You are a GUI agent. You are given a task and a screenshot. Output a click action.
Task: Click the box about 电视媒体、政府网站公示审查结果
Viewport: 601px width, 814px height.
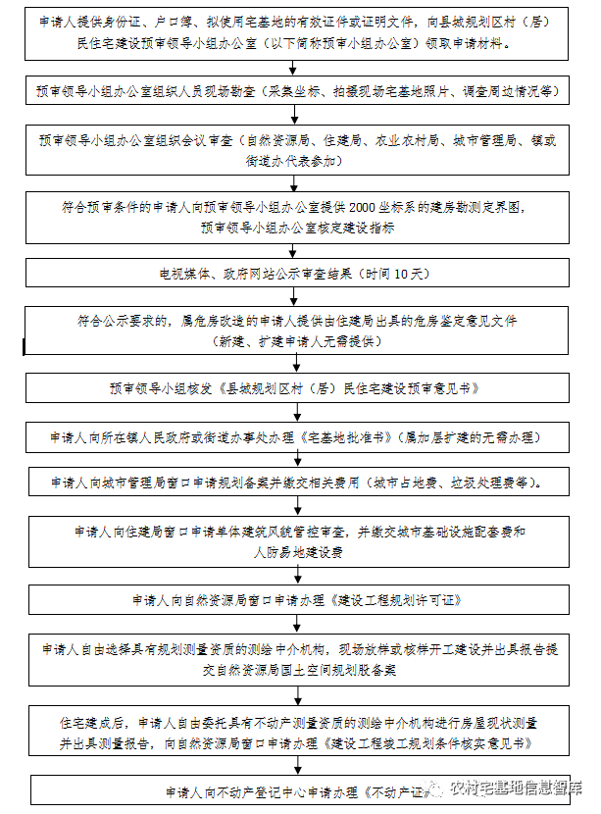point(294,273)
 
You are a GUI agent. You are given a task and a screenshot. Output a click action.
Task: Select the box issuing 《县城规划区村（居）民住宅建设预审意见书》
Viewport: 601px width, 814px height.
point(294,388)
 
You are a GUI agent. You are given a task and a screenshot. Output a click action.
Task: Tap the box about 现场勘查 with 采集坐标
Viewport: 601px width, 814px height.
point(294,91)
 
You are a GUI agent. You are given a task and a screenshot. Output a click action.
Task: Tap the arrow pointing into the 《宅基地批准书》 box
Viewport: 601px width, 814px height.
point(294,414)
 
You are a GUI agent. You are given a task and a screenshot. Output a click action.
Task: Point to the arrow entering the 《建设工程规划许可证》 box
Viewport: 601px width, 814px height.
point(294,577)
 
